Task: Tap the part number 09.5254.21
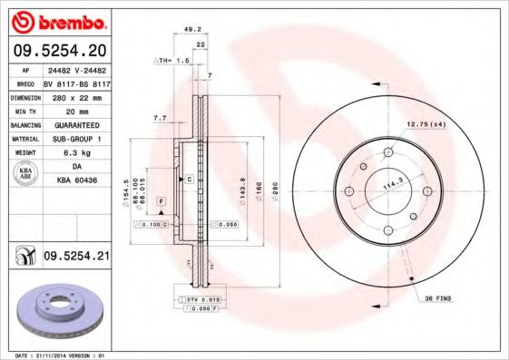(x=76, y=258)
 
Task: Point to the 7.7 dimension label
(x=160, y=118)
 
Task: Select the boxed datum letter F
(x=161, y=199)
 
